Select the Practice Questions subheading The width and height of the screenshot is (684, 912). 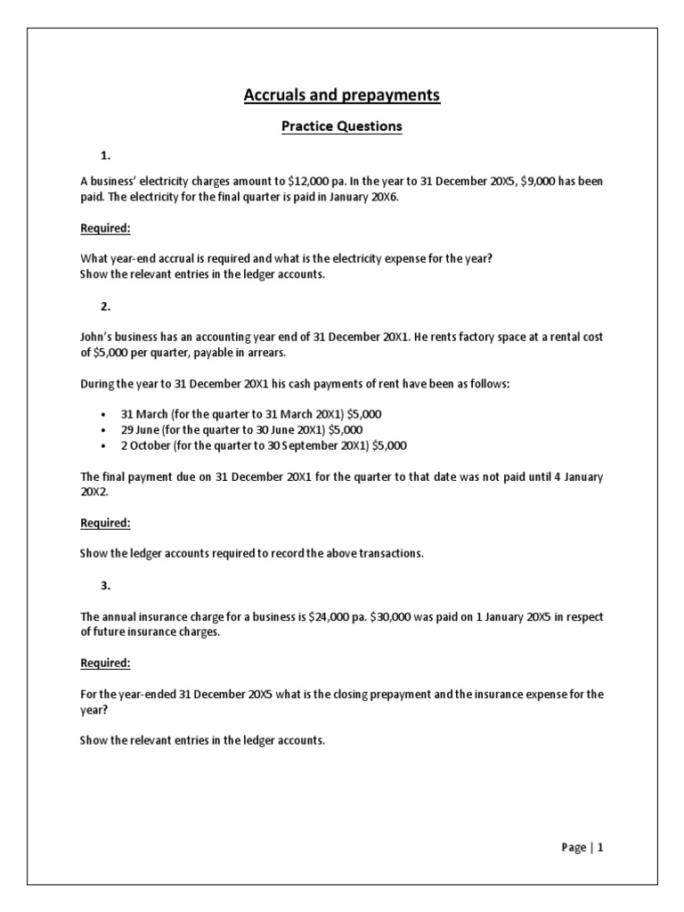[x=342, y=126]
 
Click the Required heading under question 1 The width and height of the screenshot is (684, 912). [x=105, y=228]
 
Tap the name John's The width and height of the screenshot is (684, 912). [x=97, y=338]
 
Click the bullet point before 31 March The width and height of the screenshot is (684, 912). [x=104, y=414]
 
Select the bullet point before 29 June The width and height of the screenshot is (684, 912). [x=104, y=429]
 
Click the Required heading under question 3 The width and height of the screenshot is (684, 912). [x=105, y=663]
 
